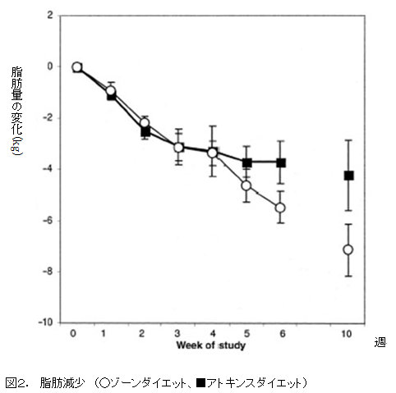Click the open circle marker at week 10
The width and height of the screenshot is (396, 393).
coord(348,249)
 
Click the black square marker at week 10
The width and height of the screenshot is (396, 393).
coord(348,176)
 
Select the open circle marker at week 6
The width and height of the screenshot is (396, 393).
coord(280,208)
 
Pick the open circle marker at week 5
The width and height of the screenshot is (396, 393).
coord(246,185)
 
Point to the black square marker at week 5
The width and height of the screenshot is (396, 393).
coord(246,162)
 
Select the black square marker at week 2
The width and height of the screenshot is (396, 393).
coord(145,131)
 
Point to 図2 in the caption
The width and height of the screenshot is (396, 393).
coord(17,382)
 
